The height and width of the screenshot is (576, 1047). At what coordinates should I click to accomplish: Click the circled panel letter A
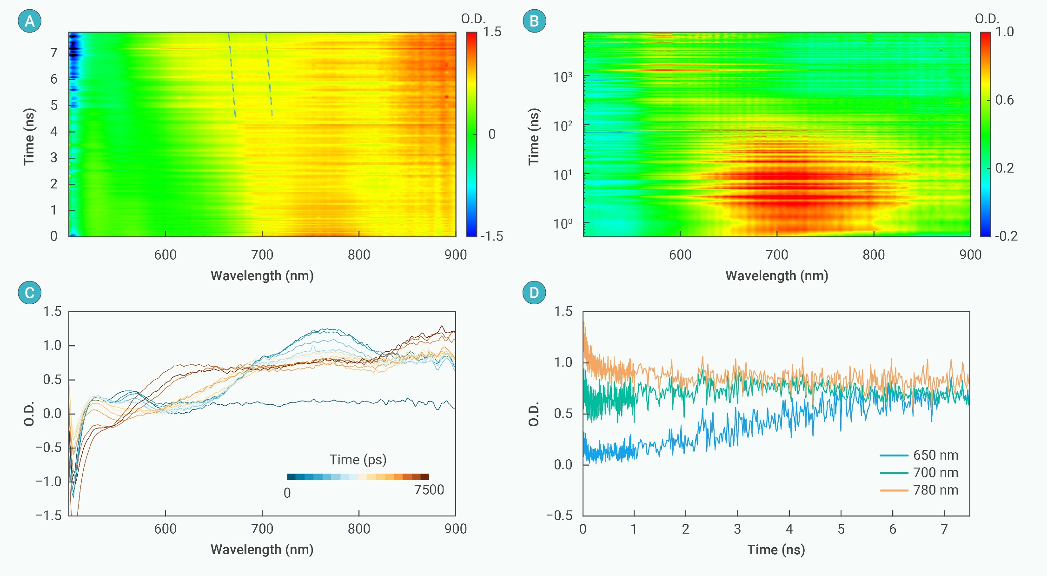pos(29,21)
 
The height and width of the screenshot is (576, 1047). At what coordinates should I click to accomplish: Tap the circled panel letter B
pos(534,21)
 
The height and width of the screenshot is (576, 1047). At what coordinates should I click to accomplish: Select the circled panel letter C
pos(29,293)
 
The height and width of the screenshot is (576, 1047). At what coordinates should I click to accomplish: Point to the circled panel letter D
pos(534,293)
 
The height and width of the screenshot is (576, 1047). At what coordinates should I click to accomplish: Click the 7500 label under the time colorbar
pos(429,490)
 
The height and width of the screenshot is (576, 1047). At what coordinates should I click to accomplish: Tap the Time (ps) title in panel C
pos(358,460)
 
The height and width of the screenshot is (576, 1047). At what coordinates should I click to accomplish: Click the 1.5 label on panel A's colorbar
pos(492,32)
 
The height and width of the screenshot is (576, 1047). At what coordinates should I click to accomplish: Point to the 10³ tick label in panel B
pos(563,77)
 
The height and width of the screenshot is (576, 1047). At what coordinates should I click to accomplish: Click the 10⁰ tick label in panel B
pos(563,224)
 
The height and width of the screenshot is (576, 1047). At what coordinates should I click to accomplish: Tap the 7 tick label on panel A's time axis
pos(54,53)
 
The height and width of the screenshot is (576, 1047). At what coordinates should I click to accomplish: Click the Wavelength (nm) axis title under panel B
pos(776,276)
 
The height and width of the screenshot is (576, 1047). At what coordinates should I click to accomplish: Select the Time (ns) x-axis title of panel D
pos(776,550)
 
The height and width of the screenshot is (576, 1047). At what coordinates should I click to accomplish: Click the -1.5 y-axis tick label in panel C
pos(49,516)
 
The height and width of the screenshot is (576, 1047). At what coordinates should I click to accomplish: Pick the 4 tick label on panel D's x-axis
pos(789,529)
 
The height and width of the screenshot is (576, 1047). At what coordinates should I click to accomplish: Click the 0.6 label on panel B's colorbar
pos(1004,100)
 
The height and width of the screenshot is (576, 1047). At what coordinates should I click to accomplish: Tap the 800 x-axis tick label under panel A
pos(359,255)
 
